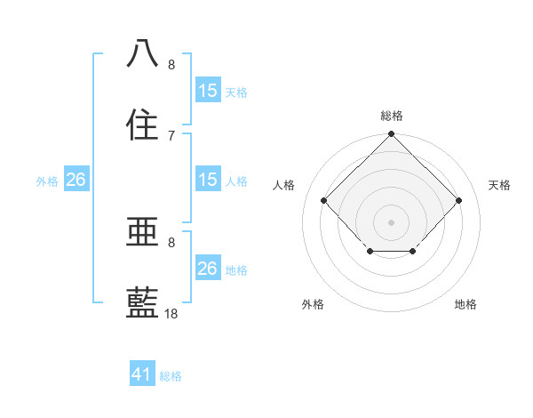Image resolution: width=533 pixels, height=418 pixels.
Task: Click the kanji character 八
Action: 143,52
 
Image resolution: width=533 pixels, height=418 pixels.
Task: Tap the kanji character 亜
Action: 143,232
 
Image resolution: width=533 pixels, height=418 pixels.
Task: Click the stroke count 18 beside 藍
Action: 171,314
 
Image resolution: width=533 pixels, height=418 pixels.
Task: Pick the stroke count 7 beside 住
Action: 171,135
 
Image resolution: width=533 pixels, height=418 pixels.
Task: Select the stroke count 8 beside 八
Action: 171,64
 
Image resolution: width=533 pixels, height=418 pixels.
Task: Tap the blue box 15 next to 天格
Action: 208,90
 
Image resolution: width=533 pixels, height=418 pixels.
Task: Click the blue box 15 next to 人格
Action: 208,180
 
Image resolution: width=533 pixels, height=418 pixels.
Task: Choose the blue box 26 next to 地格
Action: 208,269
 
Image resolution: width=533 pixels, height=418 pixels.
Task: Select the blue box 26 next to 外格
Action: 76,180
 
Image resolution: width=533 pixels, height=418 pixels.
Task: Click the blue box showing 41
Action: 142,375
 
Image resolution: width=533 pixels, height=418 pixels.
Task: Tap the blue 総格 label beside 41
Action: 171,376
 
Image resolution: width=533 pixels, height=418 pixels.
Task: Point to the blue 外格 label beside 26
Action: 47,181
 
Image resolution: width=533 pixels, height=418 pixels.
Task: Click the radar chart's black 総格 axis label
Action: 392,116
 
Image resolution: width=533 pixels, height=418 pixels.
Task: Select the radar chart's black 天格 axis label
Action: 500,185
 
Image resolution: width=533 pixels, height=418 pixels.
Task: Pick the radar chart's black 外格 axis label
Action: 313,304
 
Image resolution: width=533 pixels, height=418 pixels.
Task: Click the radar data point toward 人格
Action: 324,201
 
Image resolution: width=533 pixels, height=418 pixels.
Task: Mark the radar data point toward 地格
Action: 413,253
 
